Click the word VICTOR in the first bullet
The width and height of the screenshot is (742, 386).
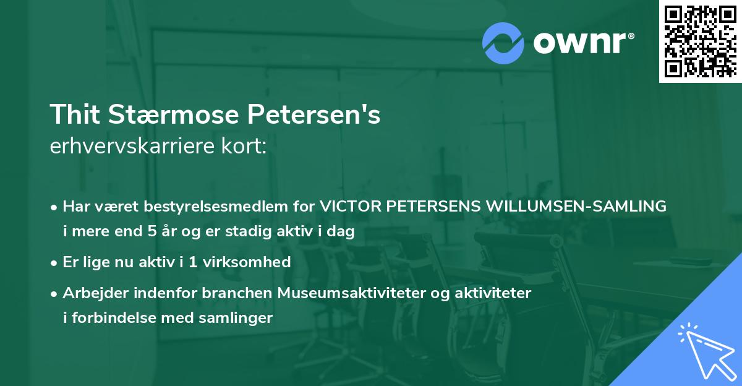(350, 207)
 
